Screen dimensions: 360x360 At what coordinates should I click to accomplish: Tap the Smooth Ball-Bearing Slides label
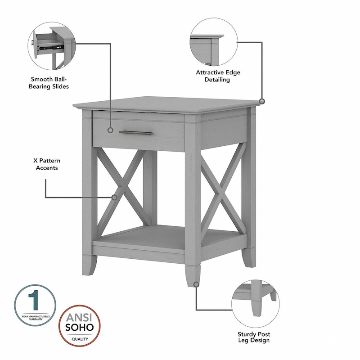click(x=49, y=83)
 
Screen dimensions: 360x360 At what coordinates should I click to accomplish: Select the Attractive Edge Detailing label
click(x=213, y=76)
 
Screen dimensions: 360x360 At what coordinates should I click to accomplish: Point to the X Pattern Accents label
click(x=45, y=164)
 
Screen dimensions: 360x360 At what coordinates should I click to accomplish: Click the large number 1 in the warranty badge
click(x=34, y=298)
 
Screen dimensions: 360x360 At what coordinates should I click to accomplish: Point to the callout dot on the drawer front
click(x=110, y=130)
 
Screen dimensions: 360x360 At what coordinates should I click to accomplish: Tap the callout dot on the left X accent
click(x=114, y=197)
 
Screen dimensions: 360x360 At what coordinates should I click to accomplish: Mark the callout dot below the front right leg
click(x=196, y=284)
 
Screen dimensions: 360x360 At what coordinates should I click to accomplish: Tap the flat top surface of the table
click(x=166, y=104)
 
